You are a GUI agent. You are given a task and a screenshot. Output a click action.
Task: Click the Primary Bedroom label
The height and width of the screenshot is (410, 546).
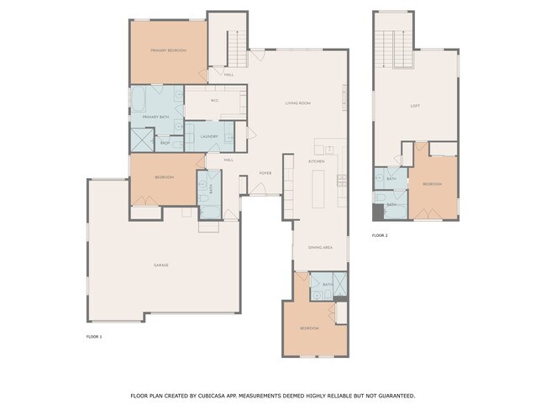pyautogui.click(x=168, y=51)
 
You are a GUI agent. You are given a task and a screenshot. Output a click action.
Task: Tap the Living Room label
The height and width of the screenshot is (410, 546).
pyautogui.click(x=297, y=103)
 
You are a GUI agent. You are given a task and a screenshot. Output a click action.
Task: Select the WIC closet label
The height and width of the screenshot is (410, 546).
pyautogui.click(x=215, y=101)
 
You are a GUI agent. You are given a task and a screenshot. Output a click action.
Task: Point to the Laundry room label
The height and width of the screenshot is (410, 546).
pyautogui.click(x=209, y=136)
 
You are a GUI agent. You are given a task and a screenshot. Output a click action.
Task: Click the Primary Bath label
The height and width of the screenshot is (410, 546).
pyautogui.click(x=156, y=117)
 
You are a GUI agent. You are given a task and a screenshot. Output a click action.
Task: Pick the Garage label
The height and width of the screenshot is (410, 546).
pyautogui.click(x=160, y=265)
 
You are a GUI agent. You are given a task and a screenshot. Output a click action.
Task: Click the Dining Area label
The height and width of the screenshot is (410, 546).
pyautogui.click(x=320, y=248)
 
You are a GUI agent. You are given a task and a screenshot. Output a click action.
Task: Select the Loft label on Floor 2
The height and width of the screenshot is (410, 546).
pyautogui.click(x=414, y=106)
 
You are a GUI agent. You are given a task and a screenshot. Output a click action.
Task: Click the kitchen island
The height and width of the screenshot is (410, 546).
pyautogui.click(x=319, y=189)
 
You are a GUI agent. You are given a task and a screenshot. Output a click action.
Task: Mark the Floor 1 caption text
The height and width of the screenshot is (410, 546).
pyautogui.click(x=94, y=336)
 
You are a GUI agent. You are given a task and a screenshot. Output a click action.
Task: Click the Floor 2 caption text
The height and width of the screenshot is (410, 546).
pyautogui.click(x=380, y=235)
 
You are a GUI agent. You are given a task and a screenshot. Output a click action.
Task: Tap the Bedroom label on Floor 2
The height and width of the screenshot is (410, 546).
pyautogui.click(x=432, y=184)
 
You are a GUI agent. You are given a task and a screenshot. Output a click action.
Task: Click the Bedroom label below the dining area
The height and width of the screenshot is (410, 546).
pyautogui.click(x=309, y=328)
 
